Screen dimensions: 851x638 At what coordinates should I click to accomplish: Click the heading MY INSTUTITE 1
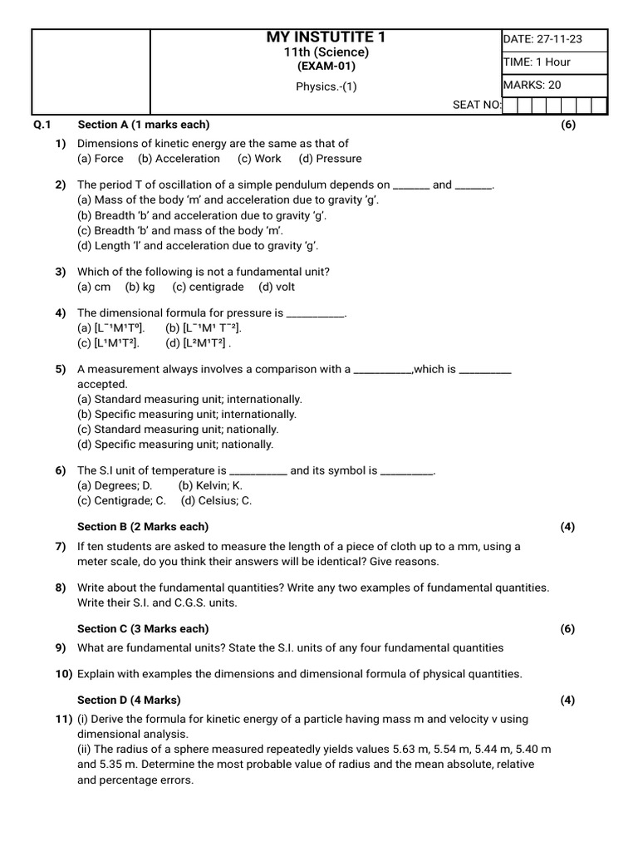(x=326, y=37)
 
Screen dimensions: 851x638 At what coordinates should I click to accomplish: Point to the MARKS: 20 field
(x=532, y=85)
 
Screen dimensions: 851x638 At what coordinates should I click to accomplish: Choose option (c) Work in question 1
(x=259, y=159)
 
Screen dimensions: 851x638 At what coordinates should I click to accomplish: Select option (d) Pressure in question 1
(x=331, y=159)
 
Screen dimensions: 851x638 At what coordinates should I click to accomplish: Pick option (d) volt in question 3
(x=277, y=287)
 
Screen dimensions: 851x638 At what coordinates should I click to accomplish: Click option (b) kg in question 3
(x=140, y=287)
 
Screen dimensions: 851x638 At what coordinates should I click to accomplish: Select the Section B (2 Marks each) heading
(x=143, y=526)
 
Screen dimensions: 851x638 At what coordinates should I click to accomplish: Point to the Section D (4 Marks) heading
(x=129, y=700)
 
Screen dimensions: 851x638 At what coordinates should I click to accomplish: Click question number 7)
(x=61, y=546)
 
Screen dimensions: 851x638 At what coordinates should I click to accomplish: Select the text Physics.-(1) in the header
(x=326, y=86)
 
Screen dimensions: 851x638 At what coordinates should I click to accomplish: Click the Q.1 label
(x=42, y=125)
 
